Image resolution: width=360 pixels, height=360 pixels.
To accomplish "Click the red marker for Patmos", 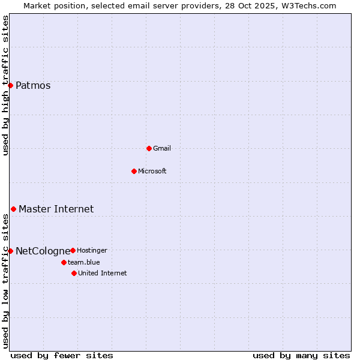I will (10, 85).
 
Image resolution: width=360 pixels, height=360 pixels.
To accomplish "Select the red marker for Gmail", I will (149, 148).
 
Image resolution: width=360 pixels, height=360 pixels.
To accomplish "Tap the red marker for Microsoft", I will (134, 171).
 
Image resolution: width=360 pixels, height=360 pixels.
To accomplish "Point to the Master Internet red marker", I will (13, 209).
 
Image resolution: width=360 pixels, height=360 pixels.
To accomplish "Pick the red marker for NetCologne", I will (10, 251).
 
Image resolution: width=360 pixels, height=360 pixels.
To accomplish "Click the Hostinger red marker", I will (73, 250).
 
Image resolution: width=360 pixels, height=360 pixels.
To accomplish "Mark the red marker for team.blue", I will (64, 262).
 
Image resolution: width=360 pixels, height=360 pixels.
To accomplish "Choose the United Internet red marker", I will (74, 273).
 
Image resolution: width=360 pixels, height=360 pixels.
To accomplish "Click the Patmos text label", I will (33, 85).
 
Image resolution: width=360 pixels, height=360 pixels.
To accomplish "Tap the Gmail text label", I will (162, 148).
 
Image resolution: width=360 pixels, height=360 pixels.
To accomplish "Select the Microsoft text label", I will (152, 171).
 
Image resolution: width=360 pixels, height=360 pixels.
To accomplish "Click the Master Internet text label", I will (56, 209).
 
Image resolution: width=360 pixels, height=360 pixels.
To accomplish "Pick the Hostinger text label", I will (92, 250).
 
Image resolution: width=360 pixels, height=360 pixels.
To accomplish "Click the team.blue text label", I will (84, 262).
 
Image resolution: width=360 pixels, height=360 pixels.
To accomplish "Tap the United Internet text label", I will (103, 273).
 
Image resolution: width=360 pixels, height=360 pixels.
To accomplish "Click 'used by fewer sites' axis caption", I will (62, 355).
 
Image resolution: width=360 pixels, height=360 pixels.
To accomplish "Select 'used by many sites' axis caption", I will (301, 355).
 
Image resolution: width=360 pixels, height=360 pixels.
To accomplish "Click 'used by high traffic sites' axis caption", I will (6, 85).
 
